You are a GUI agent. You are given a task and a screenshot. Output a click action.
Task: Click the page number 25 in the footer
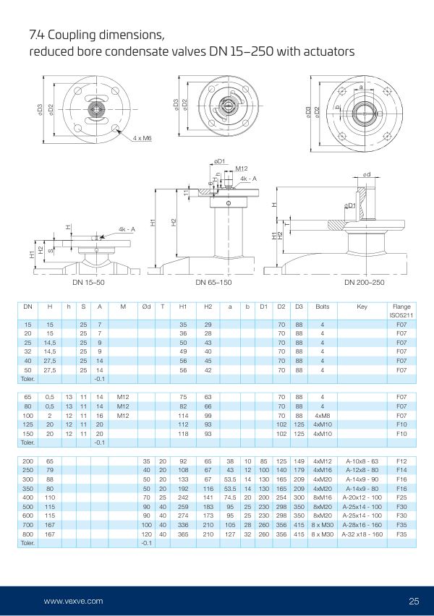(x=414, y=601)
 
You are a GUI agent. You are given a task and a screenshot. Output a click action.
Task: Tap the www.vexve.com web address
(x=73, y=601)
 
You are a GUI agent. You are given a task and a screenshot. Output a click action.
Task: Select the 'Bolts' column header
(x=322, y=307)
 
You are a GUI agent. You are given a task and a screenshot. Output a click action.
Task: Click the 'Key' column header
(x=362, y=307)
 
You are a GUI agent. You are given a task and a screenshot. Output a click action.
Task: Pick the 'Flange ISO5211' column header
(x=401, y=311)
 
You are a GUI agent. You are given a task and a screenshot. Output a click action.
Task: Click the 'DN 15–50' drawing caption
(x=88, y=282)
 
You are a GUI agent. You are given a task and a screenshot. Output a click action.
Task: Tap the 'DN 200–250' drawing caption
(x=365, y=282)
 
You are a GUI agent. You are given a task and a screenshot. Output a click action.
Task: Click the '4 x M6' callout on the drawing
(x=142, y=137)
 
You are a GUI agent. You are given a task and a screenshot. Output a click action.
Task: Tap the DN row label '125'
(x=27, y=425)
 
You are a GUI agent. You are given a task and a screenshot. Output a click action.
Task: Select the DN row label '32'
(x=27, y=351)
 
